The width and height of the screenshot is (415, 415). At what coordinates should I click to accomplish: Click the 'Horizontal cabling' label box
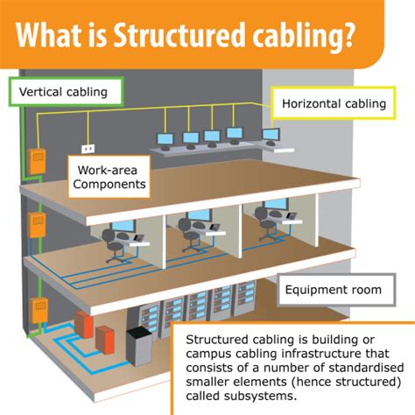pos(334,103)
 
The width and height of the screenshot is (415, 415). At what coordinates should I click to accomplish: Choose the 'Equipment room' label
pos(334,291)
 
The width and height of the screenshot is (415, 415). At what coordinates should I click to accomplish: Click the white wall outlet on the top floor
pos(88,149)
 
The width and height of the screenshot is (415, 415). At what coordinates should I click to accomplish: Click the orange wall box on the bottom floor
pos(38,311)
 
